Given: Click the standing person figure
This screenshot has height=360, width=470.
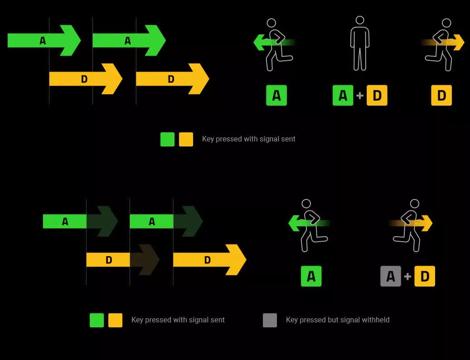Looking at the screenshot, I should pos(360,45).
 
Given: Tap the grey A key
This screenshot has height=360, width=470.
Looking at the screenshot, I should pos(390,276).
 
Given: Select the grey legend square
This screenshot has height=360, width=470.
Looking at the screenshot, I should pos(270,320).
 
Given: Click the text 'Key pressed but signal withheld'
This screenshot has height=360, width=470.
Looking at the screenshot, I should pos(338,320).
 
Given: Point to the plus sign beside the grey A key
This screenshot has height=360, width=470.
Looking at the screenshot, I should pos(407,276).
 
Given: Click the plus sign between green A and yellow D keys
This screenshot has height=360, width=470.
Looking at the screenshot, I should pos(360,96).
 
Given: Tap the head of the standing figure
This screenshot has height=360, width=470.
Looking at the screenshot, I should pos(360,20).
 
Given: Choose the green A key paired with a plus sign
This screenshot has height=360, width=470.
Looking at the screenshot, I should pos(343,96).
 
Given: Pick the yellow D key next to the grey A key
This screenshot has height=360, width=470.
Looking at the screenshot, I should pos(425,276).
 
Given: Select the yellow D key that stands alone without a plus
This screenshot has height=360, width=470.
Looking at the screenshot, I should pos(441,96).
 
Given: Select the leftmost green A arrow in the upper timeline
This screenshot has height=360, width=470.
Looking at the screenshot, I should pos(44,40).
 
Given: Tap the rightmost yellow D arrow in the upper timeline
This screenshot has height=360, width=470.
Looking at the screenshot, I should pos(172,79).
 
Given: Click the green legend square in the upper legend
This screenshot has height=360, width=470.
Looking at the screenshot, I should pos(167,139).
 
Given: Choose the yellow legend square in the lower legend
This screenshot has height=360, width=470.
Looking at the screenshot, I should pos(115,320).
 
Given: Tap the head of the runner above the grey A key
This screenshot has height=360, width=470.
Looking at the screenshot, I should pos(414,204).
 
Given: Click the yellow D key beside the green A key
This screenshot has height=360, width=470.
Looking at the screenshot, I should pos(377,96).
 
